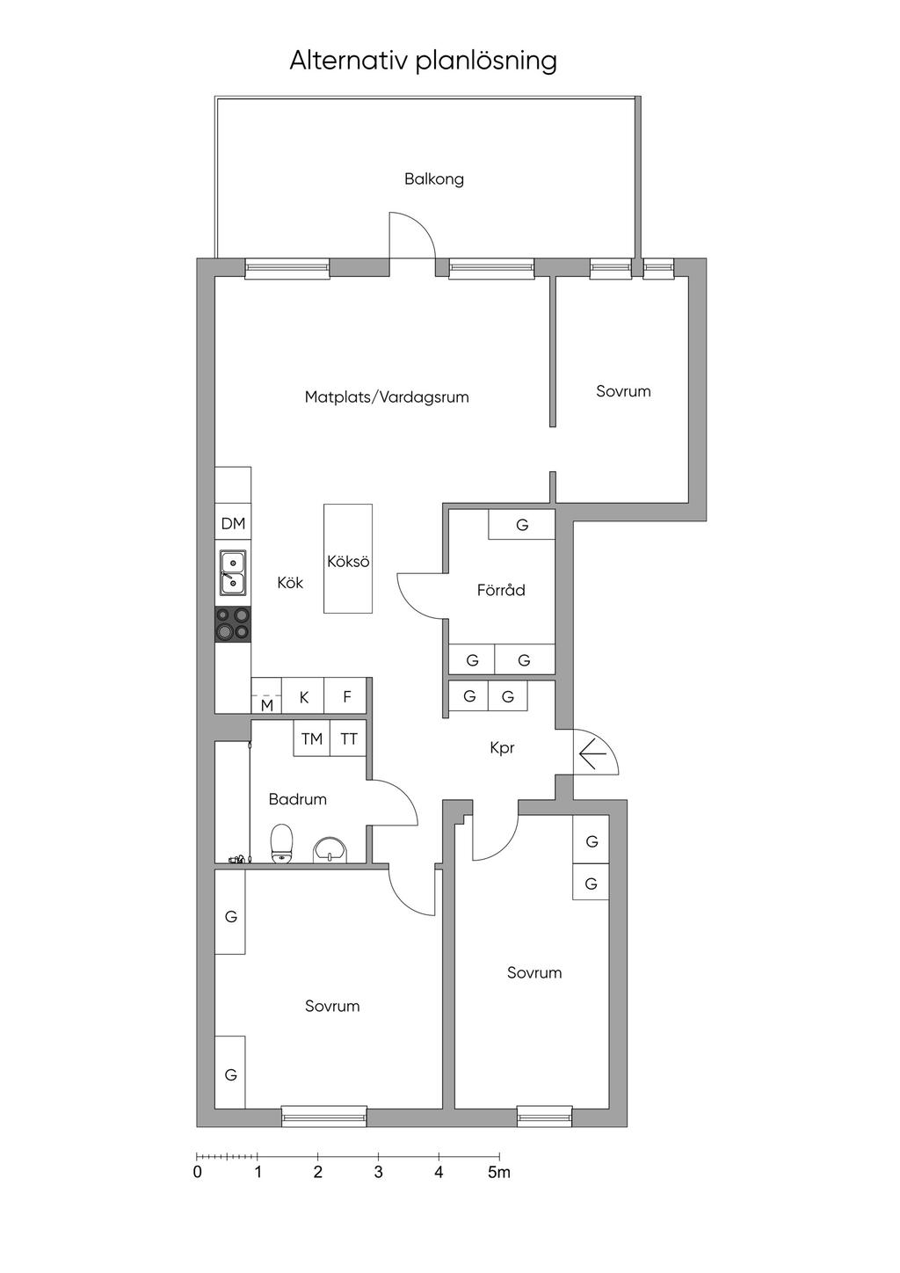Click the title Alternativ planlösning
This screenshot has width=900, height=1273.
coord(423,62)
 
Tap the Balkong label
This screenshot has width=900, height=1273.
coord(434,179)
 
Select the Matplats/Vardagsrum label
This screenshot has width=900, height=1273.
coord(387,396)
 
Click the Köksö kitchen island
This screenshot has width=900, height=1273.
coord(348,558)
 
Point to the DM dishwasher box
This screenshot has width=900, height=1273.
coord(233,523)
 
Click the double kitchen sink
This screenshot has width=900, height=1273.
coord(233,573)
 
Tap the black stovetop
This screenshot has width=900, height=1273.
coord(233,624)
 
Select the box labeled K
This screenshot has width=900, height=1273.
coord(303,695)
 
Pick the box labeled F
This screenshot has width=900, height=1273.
coord(345,695)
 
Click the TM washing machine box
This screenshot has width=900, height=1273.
coord(312,738)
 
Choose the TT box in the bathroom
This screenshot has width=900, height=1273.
coord(348,738)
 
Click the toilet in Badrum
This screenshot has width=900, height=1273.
coord(282,844)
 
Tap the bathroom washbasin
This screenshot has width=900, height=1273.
coord(330,849)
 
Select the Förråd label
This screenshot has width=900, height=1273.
coord(501,590)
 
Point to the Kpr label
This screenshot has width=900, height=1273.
coord(502,748)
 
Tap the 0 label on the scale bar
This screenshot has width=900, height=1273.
coord(197,1172)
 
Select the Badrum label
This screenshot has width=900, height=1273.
coord(297,800)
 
